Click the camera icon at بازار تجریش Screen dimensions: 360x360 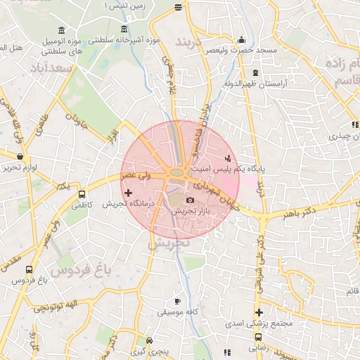tap(190, 200)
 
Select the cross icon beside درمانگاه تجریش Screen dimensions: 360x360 tap(128, 193)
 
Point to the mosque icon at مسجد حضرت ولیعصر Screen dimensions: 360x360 tap(242, 40)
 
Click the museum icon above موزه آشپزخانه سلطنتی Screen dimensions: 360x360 tap(124, 30)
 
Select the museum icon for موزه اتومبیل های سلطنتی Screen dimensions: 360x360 tap(63, 32)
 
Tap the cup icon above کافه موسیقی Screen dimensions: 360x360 tap(177, 301)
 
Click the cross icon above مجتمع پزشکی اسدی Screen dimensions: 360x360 tap(259, 312)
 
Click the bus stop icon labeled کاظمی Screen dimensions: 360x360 tap(82, 195)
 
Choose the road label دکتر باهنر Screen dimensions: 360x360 tap(300, 212)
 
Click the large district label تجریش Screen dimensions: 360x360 tap(172, 243)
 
